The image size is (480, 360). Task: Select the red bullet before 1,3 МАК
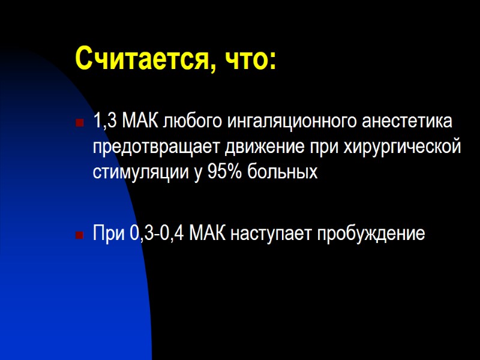coord(78,123)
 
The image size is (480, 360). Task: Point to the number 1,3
coord(106,122)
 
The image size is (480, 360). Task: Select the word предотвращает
coord(157,147)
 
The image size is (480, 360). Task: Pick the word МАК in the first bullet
coord(139,122)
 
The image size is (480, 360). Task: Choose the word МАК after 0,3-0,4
coord(208,234)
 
